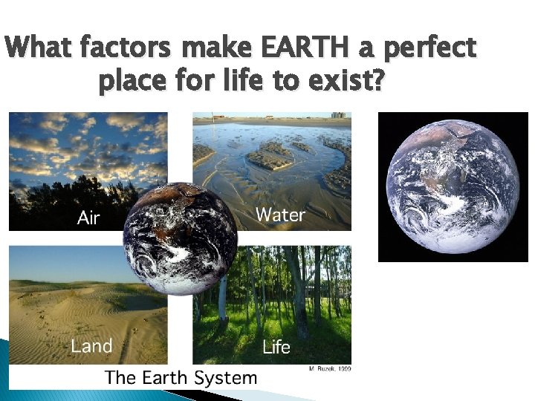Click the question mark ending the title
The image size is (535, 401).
click(379, 80)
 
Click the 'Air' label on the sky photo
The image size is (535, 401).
click(88, 218)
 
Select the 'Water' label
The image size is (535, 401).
click(280, 215)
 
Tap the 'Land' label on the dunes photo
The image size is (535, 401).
click(91, 345)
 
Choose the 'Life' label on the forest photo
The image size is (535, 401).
click(276, 347)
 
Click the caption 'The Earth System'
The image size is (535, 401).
click(181, 377)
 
